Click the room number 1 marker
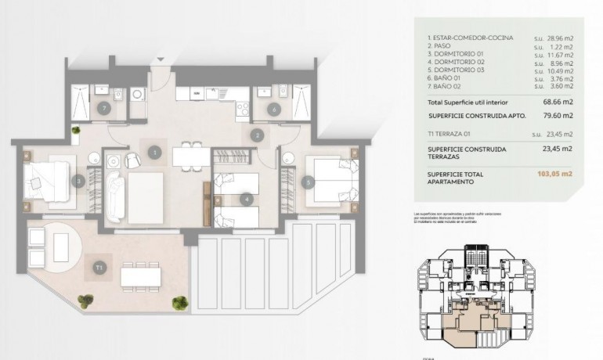155,152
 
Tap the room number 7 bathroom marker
103,109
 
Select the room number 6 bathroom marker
273,110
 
